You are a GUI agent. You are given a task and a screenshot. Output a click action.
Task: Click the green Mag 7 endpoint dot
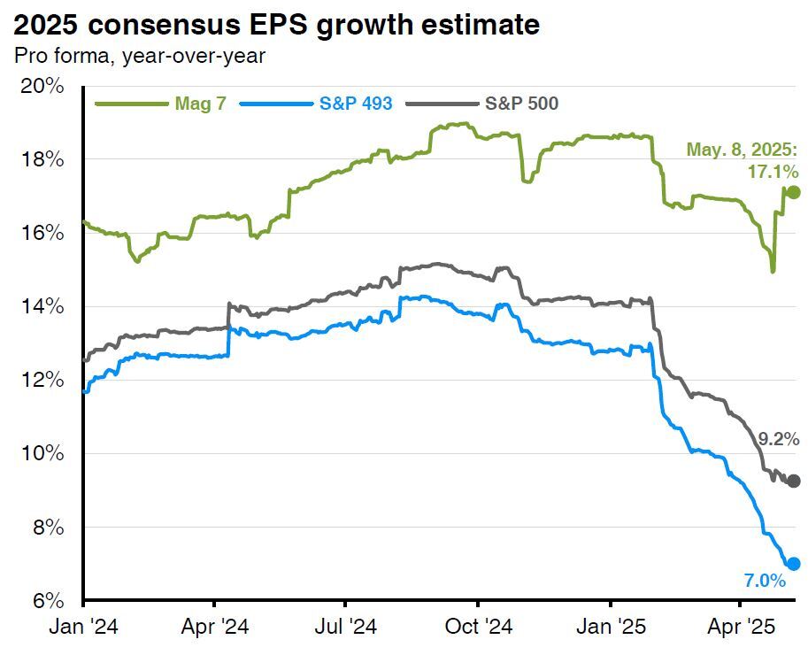793,192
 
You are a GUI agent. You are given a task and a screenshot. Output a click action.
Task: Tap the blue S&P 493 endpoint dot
793,564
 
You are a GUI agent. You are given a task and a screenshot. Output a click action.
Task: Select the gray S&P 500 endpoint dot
793,481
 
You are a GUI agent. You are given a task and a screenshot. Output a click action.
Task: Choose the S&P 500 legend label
521,104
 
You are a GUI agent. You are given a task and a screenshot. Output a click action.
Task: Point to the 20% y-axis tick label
42,86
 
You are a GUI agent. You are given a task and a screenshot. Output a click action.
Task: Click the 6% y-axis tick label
46,600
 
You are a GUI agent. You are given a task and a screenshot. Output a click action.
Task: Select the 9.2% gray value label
779,438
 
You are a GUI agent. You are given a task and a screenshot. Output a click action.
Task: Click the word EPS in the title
281,24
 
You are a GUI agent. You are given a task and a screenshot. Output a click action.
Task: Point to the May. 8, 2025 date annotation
743,150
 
